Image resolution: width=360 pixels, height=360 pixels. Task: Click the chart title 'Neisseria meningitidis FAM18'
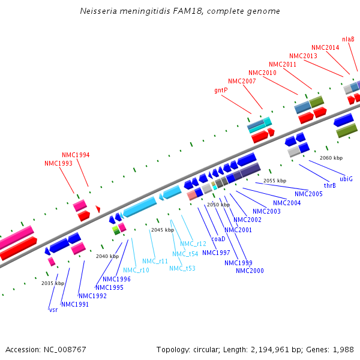point(179,11)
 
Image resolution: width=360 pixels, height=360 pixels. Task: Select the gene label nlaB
point(348,39)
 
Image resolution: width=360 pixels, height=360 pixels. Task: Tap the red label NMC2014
point(325,47)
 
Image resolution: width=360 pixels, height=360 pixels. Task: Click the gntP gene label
point(221,90)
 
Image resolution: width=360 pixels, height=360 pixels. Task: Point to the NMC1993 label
point(58,163)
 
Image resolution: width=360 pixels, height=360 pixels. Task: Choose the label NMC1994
point(76,155)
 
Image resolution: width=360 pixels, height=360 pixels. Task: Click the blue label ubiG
point(346,179)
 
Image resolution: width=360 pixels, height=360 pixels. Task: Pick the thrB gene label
point(329,185)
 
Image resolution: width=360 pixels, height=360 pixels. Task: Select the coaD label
point(218,239)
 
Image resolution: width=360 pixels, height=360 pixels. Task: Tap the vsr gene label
point(53,310)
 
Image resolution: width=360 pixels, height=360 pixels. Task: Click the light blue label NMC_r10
point(136,270)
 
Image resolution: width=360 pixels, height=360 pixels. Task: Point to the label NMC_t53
point(182,268)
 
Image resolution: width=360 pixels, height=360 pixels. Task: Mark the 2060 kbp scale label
point(331,158)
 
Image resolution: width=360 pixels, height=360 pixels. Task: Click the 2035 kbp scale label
point(53,283)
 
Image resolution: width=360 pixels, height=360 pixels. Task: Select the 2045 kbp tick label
point(162,230)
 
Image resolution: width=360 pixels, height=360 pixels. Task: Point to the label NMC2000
point(249,271)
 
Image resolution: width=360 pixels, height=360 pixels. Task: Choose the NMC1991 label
point(75,304)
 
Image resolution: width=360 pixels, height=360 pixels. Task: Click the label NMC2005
point(308,194)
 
